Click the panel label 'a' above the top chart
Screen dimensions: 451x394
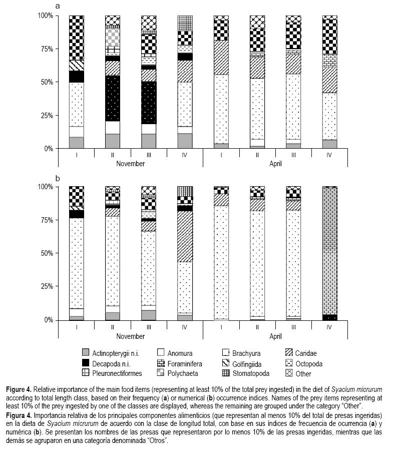tap(58, 6)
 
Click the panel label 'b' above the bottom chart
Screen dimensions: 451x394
tap(58, 177)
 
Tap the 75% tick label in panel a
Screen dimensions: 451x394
tap(46, 49)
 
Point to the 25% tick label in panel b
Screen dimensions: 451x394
tap(46, 286)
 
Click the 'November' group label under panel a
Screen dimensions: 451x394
tap(131, 164)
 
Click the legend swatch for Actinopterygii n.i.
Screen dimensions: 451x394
tap(85, 352)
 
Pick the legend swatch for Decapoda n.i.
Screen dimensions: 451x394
tap(85, 362)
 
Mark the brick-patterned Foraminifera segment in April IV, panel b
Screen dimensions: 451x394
tap(329, 250)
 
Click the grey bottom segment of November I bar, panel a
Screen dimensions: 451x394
tap(76, 143)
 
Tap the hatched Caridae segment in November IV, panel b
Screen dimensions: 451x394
tap(185, 236)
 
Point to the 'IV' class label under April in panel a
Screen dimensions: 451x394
tap(329, 155)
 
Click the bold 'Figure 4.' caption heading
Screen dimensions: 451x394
tap(20, 389)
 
